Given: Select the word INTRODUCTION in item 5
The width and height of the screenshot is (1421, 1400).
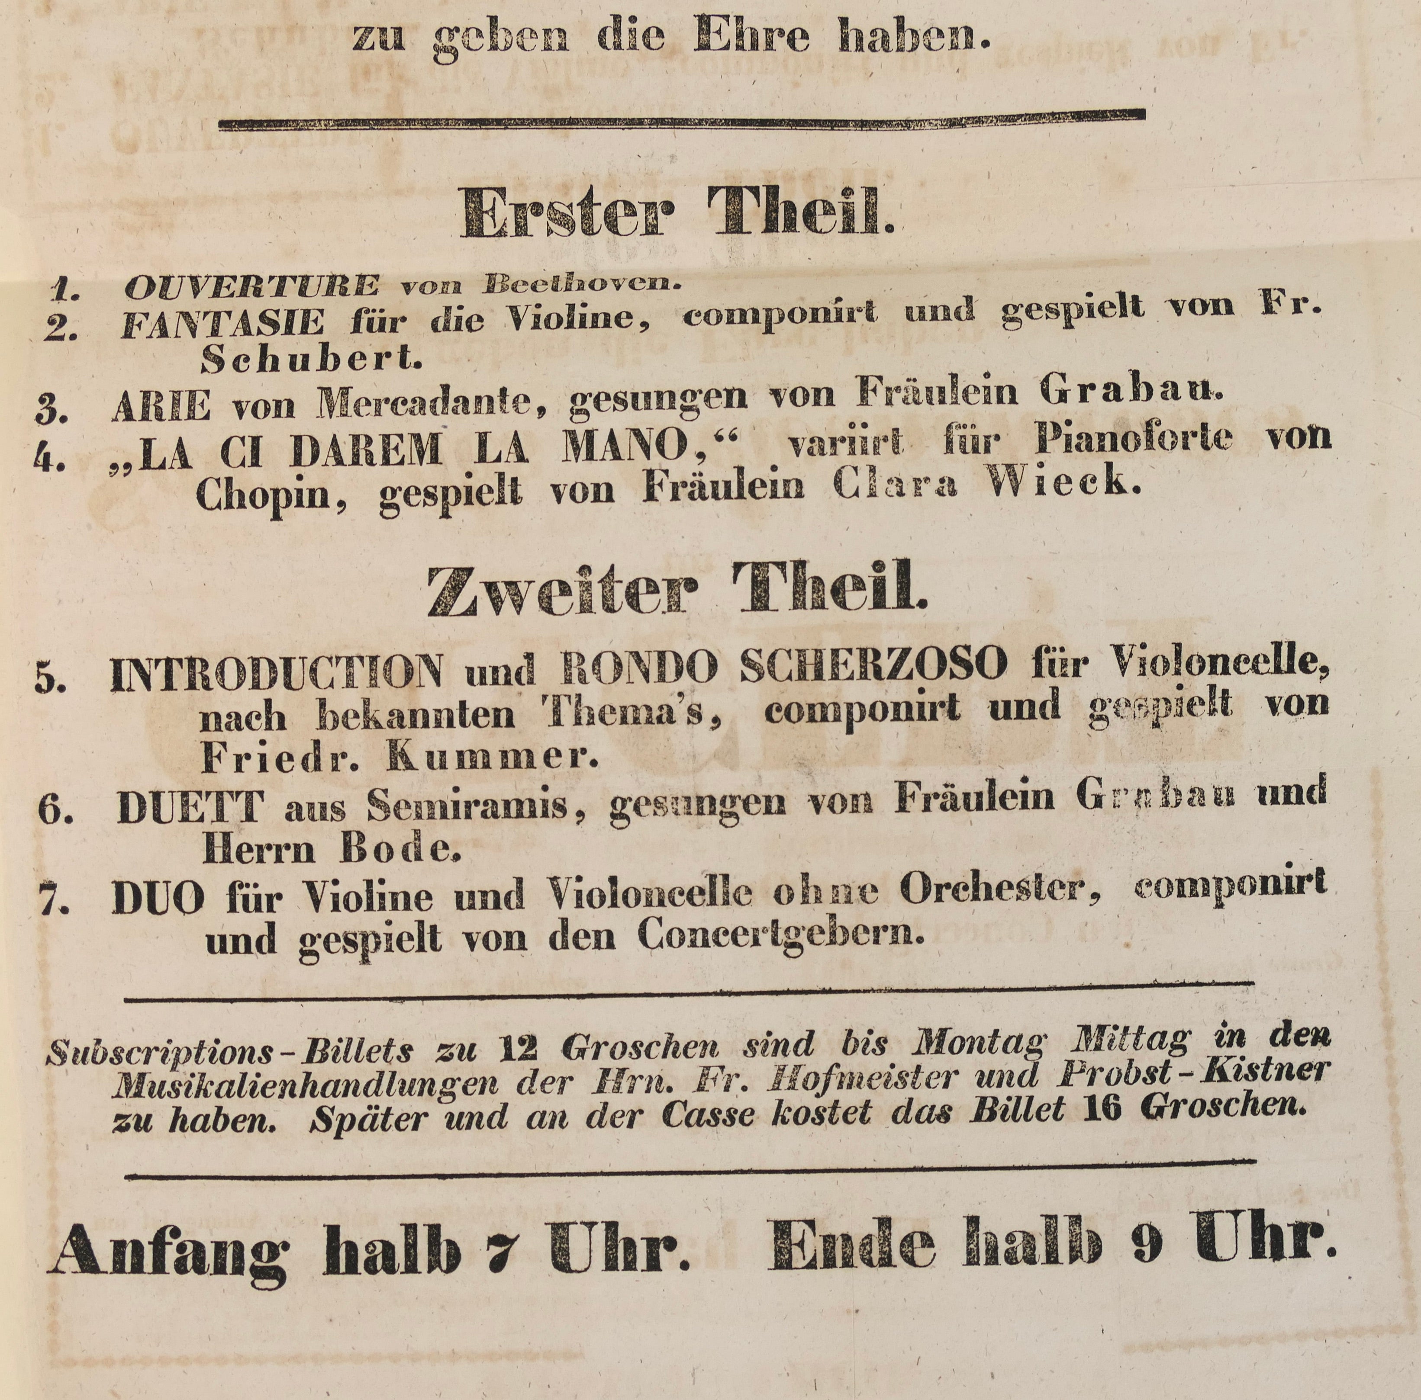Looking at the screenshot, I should [x=277, y=671].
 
